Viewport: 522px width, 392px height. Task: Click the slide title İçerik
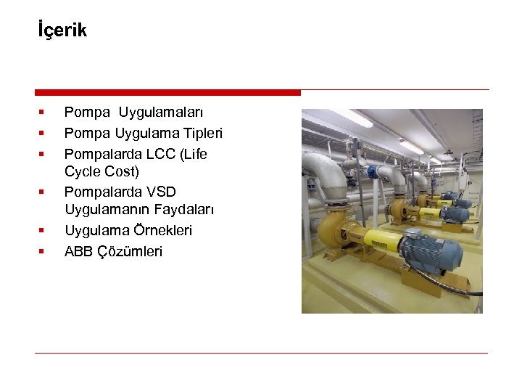62,30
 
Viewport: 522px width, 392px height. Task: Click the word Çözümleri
130,251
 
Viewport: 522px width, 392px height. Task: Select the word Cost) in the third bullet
122,172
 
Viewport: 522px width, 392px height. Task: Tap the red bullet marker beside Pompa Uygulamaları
42,113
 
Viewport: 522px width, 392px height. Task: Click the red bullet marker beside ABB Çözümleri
42,251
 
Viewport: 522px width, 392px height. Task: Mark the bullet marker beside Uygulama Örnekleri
42,230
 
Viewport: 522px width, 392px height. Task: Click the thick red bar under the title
167,93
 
